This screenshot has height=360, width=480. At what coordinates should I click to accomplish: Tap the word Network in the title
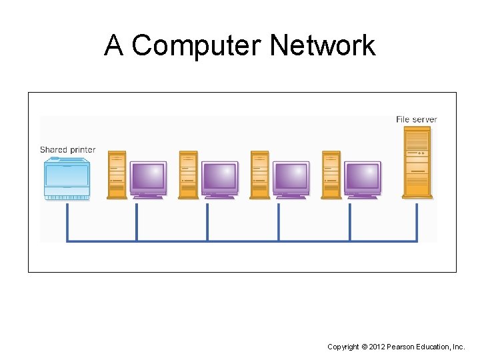[x=323, y=46]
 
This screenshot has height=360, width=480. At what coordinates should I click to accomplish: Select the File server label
[x=416, y=119]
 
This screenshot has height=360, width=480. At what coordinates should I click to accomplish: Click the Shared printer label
[x=67, y=150]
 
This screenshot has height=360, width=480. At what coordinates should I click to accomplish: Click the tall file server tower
[x=417, y=163]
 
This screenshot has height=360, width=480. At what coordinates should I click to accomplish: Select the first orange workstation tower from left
[x=117, y=175]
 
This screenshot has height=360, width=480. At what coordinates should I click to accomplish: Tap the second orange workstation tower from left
[x=189, y=175]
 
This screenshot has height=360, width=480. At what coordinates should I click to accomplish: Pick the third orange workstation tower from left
[x=260, y=175]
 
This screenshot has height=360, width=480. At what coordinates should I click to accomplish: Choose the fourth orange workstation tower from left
[x=331, y=175]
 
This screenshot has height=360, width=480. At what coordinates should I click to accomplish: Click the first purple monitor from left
[x=148, y=178]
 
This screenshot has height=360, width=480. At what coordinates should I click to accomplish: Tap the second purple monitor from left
[x=219, y=178]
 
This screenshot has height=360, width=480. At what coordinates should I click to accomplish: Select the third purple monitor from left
[x=291, y=178]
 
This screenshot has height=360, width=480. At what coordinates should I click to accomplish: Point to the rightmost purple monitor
[x=363, y=178]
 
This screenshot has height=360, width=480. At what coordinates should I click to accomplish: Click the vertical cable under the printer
[x=67, y=221]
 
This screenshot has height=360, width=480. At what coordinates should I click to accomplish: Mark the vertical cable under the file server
[x=417, y=221]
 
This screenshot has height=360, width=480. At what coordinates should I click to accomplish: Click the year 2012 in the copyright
[x=378, y=347]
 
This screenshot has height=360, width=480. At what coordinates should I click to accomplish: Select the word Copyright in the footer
[x=343, y=347]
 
